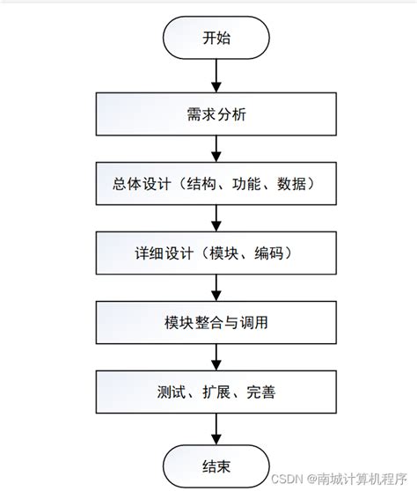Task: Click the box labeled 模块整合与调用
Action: (215, 323)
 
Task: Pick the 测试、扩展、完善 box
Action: (215, 392)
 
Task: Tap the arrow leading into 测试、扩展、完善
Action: (215, 357)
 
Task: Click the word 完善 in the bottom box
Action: (260, 392)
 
